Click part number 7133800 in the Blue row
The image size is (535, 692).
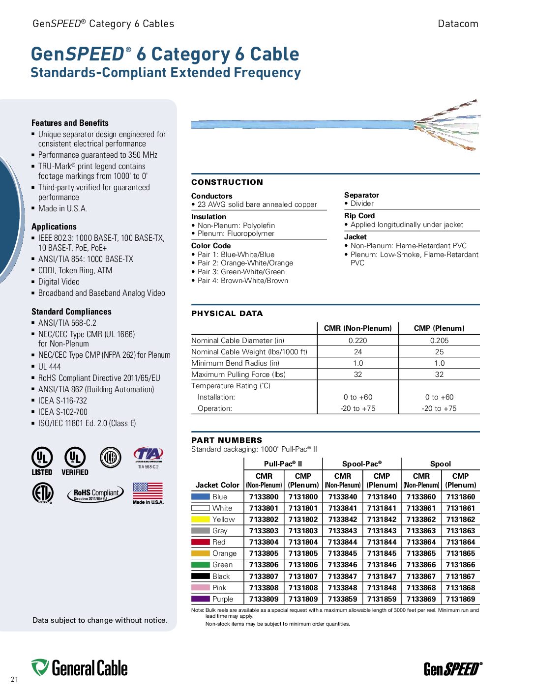click(264, 497)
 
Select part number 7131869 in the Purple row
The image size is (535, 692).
click(460, 599)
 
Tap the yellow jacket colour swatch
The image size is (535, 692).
click(201, 519)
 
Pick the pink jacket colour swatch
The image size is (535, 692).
click(201, 588)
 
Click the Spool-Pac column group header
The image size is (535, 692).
click(362, 464)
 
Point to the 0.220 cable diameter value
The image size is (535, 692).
click(357, 340)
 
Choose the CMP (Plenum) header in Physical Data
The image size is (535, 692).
click(439, 328)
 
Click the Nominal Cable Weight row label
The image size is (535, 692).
click(249, 352)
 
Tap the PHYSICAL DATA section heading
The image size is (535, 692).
click(227, 314)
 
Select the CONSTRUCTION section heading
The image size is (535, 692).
click(227, 182)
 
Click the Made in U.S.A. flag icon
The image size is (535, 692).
click(148, 490)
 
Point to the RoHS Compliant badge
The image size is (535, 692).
click(95, 493)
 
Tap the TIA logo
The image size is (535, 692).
click(148, 455)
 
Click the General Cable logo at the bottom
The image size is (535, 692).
click(80, 668)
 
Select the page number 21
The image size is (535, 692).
click(14, 679)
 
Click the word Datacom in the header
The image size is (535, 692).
click(458, 24)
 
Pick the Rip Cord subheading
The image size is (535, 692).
click(359, 216)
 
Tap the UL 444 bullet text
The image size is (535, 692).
click(50, 367)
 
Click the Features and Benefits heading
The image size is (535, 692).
click(70, 123)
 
